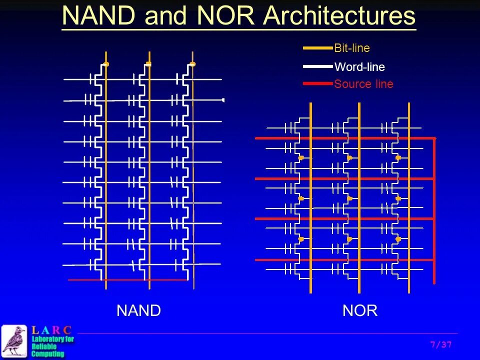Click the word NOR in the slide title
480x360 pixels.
(227, 16)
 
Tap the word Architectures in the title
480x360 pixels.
(339, 16)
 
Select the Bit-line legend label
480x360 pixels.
(352, 48)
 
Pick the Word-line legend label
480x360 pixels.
(359, 66)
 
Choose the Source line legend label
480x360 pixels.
(363, 84)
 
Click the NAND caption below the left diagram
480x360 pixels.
(138, 311)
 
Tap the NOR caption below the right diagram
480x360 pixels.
(360, 311)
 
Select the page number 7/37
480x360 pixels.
(440, 344)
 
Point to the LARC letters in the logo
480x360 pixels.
(51, 330)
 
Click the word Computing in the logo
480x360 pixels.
(48, 354)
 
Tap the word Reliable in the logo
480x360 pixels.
(44, 346)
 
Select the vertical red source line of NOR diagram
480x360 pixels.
(434, 210)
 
